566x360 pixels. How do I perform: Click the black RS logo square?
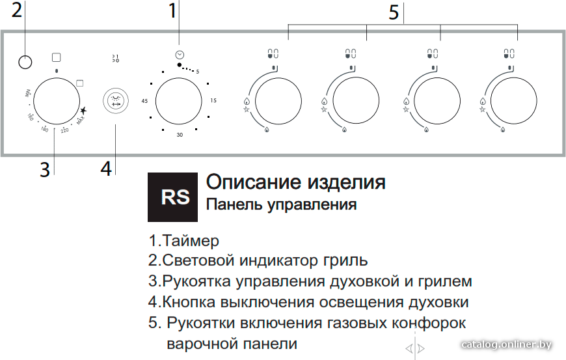pos(172,197)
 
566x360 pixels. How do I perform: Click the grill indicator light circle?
pos(25,62)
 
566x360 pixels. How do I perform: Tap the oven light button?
pos(116,102)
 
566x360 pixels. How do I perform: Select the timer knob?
pos(179,101)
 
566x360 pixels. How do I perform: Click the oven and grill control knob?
pos(57,101)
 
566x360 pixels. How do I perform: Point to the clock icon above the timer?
pos(180,55)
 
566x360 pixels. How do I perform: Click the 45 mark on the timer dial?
pos(144,101)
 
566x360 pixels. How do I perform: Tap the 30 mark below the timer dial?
pos(180,135)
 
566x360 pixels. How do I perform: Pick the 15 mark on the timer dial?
pos(213,100)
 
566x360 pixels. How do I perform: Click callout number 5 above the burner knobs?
pos(394,12)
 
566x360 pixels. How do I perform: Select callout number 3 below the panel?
pos(44,169)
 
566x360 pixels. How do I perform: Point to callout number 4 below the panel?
pos(106,169)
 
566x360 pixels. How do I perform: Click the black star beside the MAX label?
pos(83,110)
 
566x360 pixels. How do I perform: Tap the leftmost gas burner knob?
pos(278,101)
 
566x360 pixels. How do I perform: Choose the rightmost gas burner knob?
pos(513,101)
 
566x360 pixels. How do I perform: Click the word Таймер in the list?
pos(191,240)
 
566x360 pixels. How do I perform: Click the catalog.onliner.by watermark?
pos(506,344)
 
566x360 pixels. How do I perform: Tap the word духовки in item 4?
pos(438,302)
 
